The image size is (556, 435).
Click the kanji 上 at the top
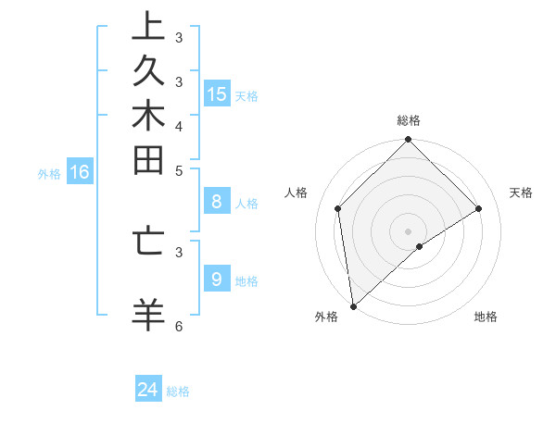coord(147,27)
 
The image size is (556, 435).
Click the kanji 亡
coord(147,240)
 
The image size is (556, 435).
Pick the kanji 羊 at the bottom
coord(147,314)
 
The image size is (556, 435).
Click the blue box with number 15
coord(217,93)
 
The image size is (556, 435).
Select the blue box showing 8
coord(216,202)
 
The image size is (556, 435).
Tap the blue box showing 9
coord(216,278)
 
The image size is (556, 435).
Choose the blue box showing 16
coord(80,171)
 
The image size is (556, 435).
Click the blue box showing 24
coord(148,390)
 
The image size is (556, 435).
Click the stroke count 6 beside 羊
coord(179,326)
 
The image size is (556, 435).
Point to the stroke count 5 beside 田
coord(179,170)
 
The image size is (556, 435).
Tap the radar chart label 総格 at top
coord(409,120)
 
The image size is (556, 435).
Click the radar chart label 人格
coord(297,193)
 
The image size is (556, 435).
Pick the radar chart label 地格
coord(486,317)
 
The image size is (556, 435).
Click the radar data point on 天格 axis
coord(479,208)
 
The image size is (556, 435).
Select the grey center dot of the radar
coord(408,230)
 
